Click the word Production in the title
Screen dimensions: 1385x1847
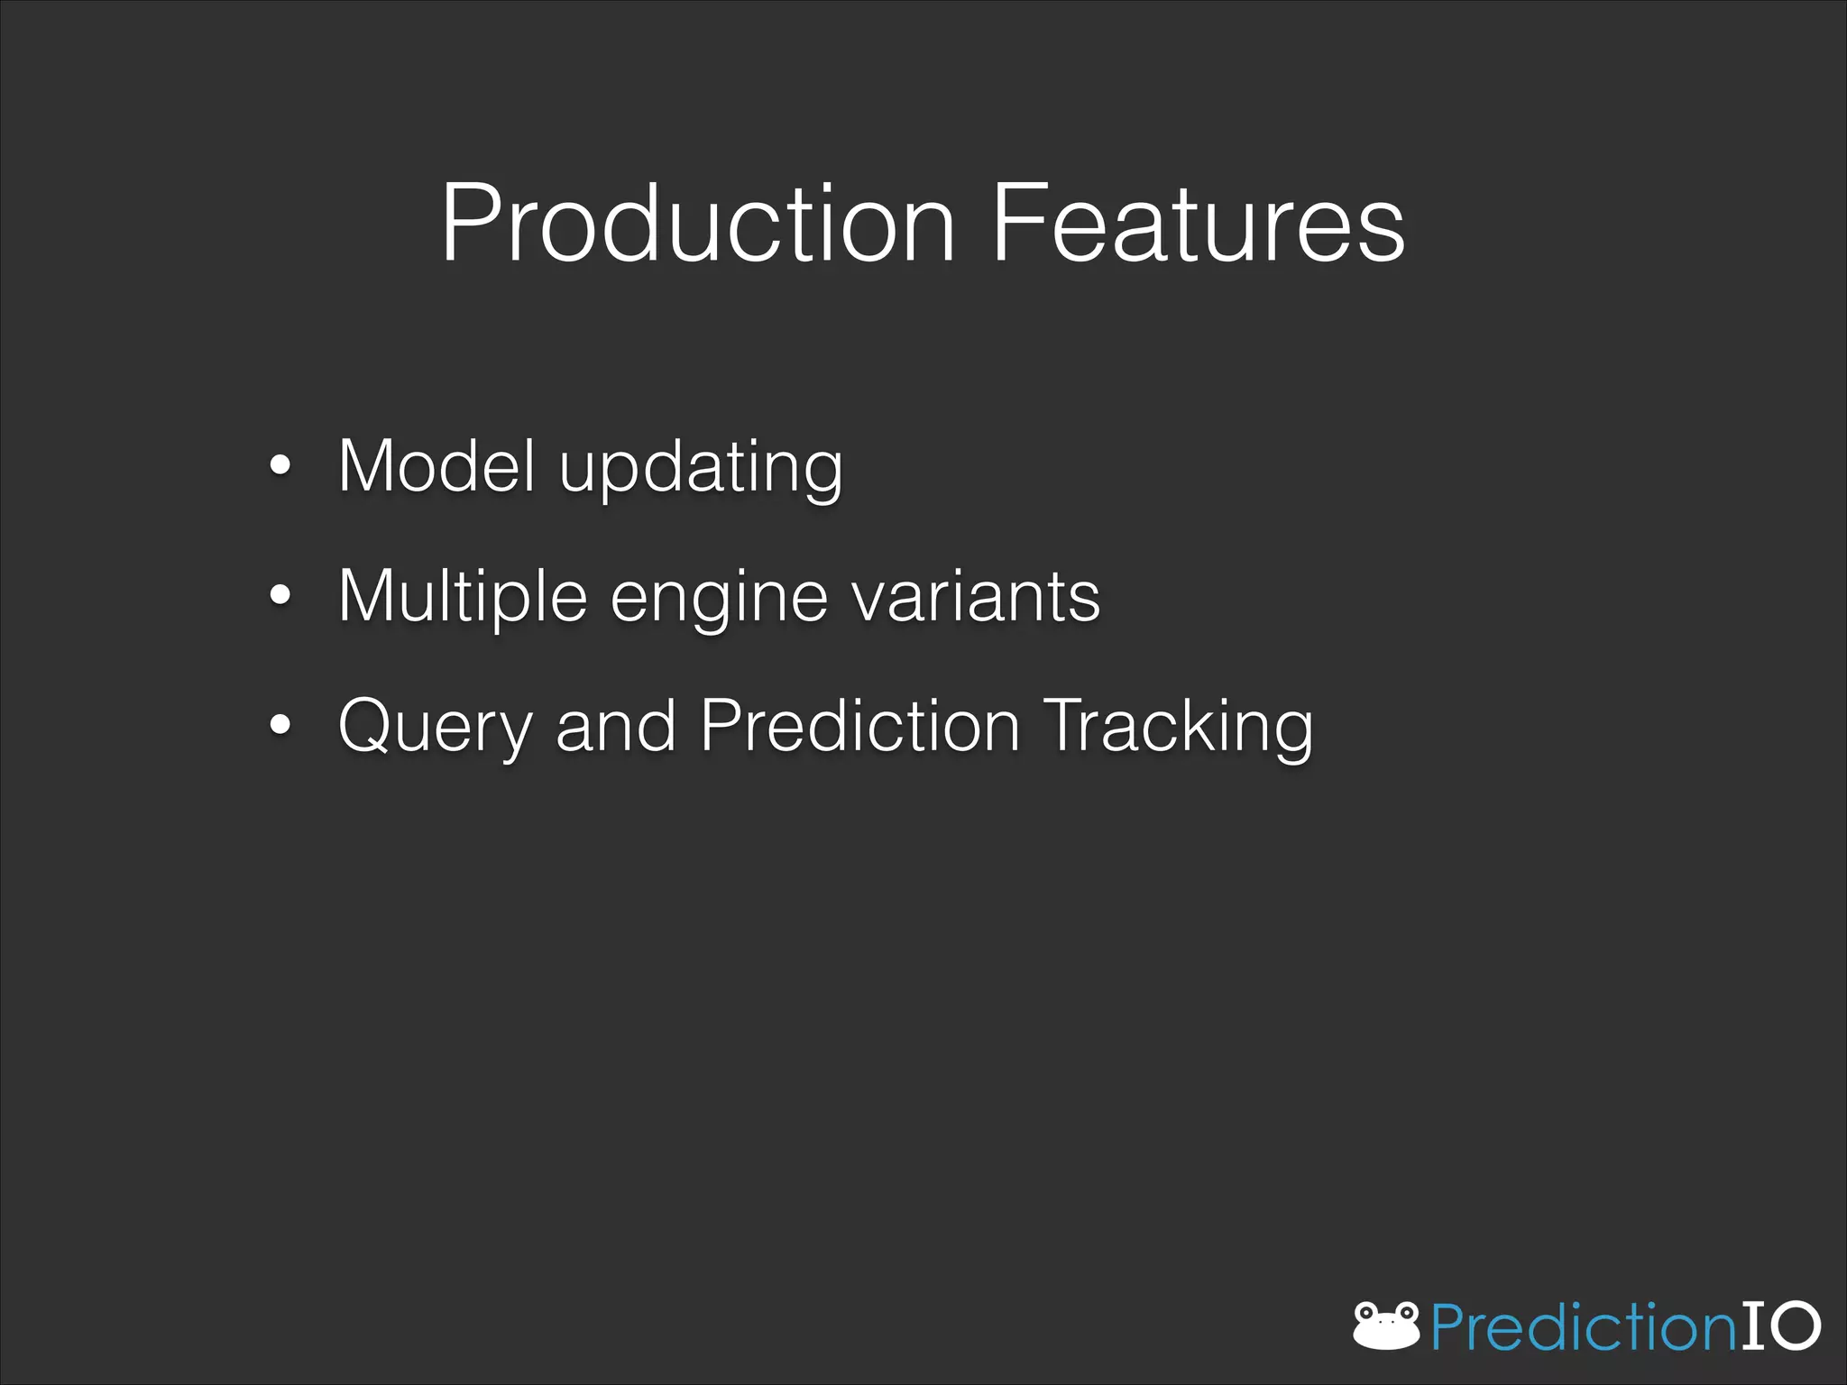tap(696, 224)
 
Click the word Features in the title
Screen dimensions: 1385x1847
tap(1198, 224)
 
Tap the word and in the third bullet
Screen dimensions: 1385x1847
tap(616, 726)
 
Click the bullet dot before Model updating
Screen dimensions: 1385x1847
tap(280, 466)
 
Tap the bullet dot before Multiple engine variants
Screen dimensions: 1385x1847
tap(280, 595)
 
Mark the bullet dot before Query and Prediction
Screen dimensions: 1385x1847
tap(280, 724)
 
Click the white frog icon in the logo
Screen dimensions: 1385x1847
tap(1386, 1326)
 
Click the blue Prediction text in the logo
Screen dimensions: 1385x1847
tap(1583, 1327)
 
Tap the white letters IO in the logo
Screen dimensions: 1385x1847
tap(1780, 1325)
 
